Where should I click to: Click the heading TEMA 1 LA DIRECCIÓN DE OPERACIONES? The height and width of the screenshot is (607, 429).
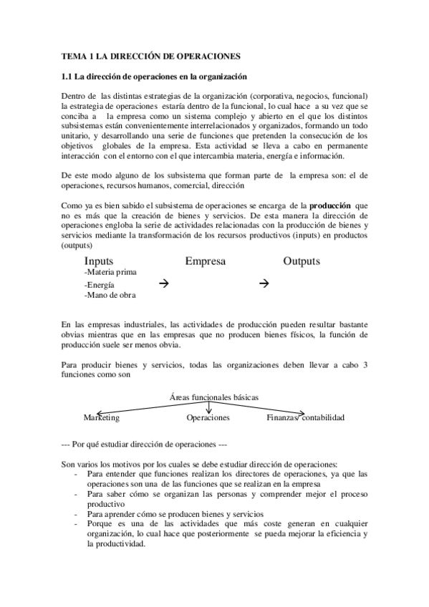click(x=150, y=55)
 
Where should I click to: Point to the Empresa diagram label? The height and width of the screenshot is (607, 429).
click(x=205, y=262)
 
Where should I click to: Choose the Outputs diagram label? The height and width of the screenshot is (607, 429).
click(x=301, y=262)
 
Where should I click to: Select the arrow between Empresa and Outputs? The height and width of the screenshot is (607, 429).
click(x=262, y=283)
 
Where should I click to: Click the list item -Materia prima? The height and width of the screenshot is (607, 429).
click(x=110, y=273)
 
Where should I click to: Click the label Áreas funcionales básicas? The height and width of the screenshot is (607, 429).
click(x=214, y=397)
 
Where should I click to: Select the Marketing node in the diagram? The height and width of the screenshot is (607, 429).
click(x=101, y=417)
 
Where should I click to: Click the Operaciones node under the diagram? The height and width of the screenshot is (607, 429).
click(x=208, y=417)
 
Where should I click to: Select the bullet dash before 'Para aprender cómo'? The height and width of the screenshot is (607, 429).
click(x=77, y=514)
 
